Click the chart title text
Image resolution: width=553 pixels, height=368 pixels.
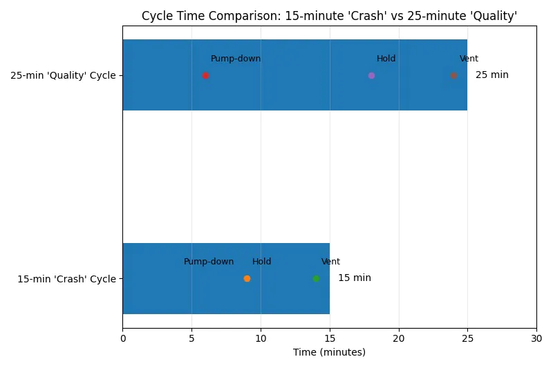(329, 15)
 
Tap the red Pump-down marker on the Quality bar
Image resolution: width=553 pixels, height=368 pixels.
(205, 75)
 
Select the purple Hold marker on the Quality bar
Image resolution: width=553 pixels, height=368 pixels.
(371, 75)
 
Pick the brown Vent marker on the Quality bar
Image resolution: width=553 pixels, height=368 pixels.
(453, 75)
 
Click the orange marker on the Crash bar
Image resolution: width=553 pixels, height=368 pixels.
(247, 278)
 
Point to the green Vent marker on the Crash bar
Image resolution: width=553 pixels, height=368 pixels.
(316, 278)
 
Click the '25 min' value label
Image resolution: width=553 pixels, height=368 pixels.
(491, 75)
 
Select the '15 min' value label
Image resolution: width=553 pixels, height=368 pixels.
(354, 278)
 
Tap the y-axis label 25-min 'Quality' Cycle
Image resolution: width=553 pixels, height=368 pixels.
(62, 75)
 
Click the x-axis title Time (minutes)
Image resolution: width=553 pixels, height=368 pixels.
(329, 352)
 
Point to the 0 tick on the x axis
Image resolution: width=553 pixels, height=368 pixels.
(122, 338)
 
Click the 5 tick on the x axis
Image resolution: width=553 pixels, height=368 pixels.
(191, 338)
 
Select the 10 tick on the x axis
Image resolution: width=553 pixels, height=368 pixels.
(261, 338)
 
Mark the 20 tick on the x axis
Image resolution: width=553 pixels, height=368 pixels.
(398, 338)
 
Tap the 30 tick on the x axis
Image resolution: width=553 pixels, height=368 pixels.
(536, 338)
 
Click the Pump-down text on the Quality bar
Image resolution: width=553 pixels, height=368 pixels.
(236, 59)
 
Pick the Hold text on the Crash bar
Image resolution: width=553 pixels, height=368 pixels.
(261, 262)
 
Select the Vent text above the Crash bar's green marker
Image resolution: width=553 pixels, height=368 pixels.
(330, 262)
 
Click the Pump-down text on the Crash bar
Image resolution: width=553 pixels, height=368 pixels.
(209, 262)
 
